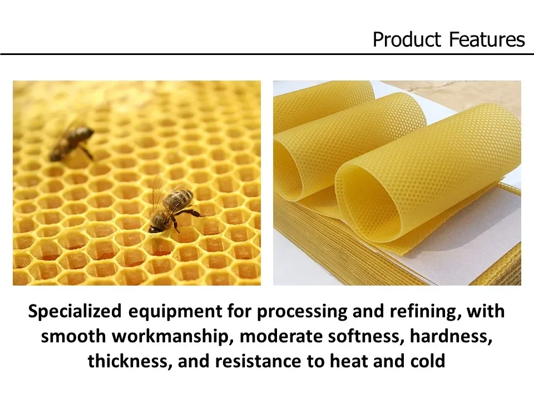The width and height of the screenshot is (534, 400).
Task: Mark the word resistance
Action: [x=263, y=362]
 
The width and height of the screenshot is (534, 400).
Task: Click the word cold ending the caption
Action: [x=428, y=362]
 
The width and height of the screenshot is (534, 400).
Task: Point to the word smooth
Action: [x=69, y=336]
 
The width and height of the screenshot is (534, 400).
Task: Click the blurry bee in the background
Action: [x=72, y=142]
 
